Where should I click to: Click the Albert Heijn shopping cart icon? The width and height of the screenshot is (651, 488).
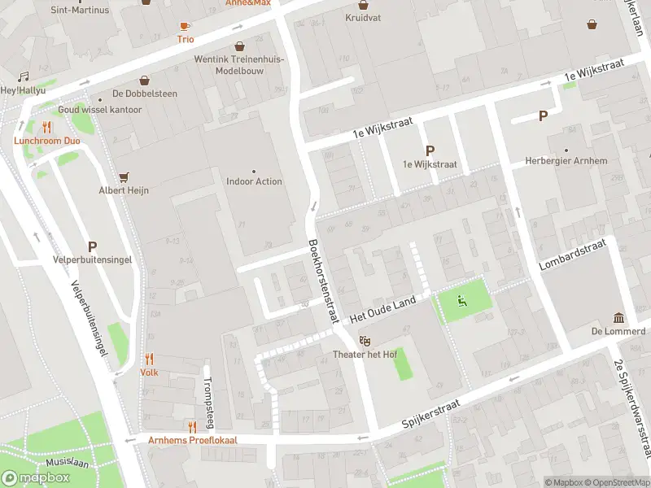point(125,176)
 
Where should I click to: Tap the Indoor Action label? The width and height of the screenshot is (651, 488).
point(254,181)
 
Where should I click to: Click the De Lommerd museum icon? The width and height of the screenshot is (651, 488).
point(618,317)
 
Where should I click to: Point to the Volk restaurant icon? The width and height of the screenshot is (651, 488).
point(149,359)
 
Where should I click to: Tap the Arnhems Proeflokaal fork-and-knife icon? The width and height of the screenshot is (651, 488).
point(192,426)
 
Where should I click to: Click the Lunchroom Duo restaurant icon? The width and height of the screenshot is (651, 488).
point(46,127)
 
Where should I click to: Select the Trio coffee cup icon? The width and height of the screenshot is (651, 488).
point(186,26)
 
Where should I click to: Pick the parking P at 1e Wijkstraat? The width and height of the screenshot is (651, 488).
point(430,150)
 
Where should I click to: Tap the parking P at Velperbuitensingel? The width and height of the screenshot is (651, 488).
point(92,246)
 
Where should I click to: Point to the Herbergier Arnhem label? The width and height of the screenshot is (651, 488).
point(566,161)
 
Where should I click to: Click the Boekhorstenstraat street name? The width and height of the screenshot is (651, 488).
point(322,282)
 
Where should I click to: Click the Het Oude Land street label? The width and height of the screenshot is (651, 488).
point(382,310)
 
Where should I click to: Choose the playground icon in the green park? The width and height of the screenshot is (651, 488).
point(462,302)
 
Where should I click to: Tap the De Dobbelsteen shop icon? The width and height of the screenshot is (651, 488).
point(144,81)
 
